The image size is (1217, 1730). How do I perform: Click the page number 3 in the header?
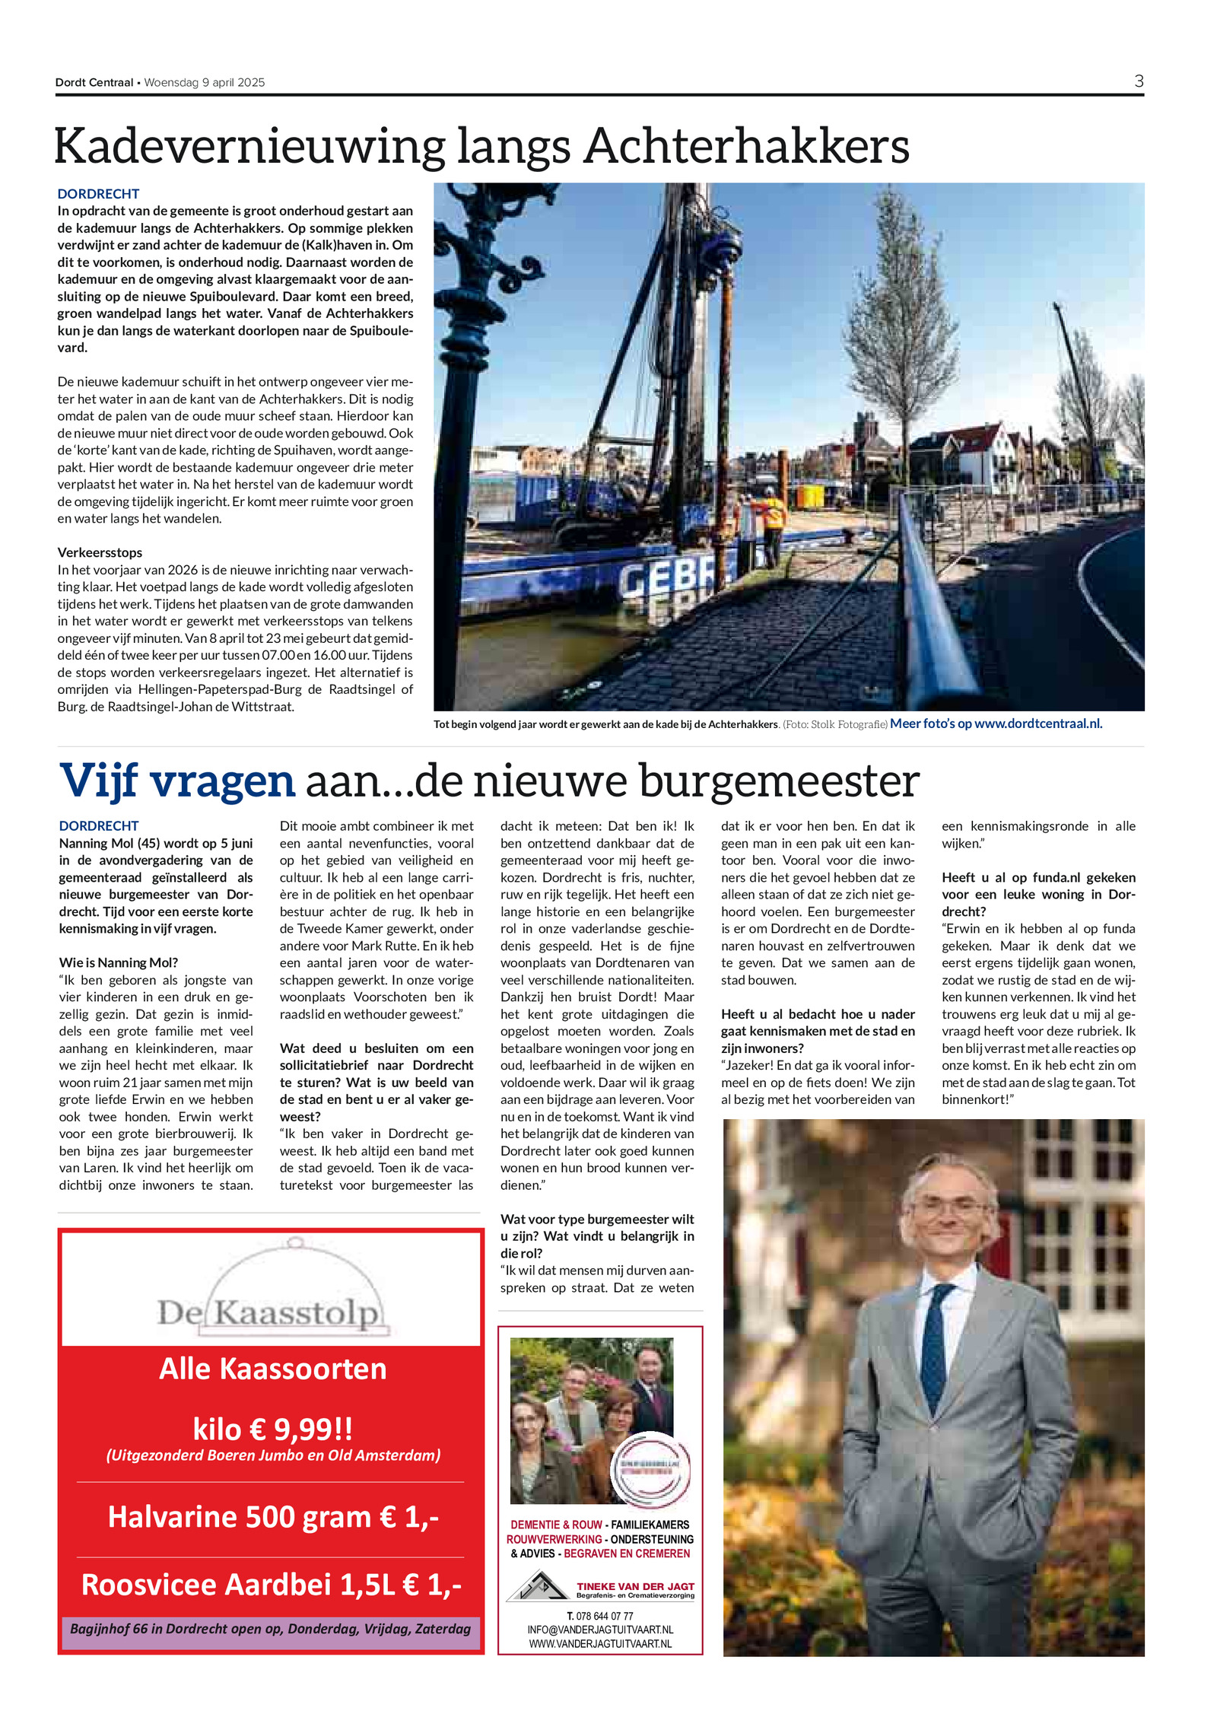pos(1138,81)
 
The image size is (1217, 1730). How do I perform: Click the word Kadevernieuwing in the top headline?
pos(248,146)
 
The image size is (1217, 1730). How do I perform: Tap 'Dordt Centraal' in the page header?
pos(94,82)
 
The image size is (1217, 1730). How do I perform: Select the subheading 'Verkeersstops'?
pos(100,552)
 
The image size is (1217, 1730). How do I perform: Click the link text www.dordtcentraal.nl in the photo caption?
pos(1037,723)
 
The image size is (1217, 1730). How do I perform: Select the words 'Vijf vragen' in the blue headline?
pos(176,781)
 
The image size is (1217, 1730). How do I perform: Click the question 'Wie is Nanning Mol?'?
pos(118,962)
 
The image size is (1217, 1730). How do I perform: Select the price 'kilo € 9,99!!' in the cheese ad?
pos(272,1428)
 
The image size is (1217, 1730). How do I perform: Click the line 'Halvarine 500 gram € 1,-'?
pos(272,1516)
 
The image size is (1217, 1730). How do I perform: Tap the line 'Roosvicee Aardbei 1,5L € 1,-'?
pos(271,1584)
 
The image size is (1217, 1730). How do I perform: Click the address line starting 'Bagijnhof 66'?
pos(270,1628)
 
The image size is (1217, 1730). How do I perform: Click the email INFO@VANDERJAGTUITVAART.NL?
pos(600,1630)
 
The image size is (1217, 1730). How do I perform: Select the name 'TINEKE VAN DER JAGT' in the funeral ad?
pos(635,1586)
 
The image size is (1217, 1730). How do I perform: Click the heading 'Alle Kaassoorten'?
pos(272,1369)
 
